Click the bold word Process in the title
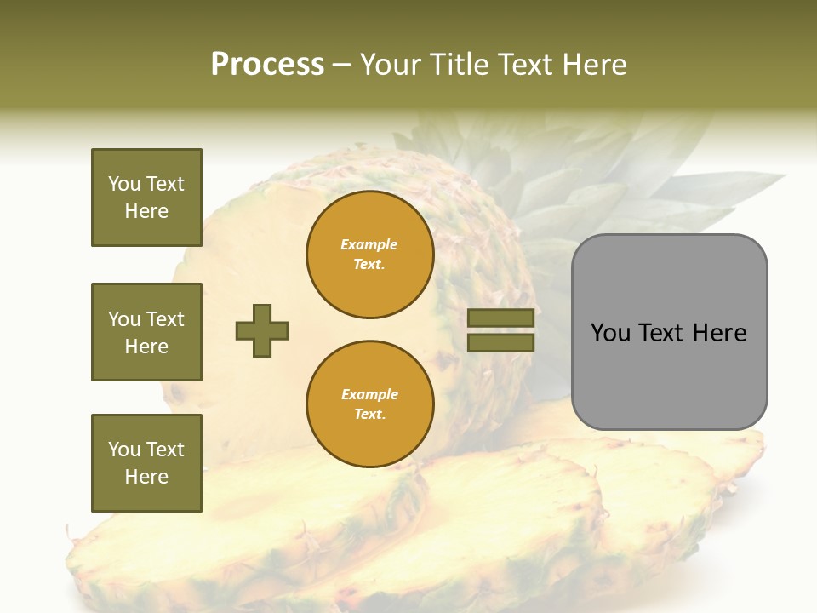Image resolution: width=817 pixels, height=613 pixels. click(267, 65)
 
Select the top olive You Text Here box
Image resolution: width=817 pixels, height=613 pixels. click(146, 198)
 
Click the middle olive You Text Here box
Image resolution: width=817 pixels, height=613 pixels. click(146, 332)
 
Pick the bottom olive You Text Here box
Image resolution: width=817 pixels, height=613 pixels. click(146, 462)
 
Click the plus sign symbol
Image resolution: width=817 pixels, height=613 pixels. click(262, 330)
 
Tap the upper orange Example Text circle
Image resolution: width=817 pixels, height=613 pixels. click(369, 255)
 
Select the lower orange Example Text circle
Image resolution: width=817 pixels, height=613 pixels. click(369, 404)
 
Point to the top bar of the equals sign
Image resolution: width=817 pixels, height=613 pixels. click(501, 318)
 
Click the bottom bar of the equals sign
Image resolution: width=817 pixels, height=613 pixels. click(501, 342)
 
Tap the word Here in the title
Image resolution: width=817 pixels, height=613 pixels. click(594, 65)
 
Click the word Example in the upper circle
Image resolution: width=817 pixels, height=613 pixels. click(369, 244)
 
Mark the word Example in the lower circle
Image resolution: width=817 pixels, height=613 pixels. click(369, 394)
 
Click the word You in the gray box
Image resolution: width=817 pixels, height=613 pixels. click(610, 333)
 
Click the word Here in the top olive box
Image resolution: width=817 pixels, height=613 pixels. click(146, 211)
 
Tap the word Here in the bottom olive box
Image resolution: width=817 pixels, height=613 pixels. click(146, 477)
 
